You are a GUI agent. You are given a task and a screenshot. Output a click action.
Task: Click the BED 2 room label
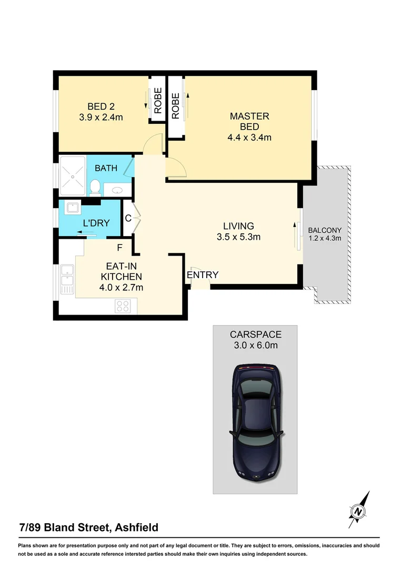(100, 106)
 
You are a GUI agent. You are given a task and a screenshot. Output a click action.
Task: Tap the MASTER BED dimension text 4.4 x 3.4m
(249, 138)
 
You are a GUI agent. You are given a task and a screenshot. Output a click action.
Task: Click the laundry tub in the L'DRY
(72, 209)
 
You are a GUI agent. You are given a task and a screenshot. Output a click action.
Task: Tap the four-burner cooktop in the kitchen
(123, 306)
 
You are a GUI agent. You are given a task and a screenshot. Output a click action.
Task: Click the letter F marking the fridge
(119, 247)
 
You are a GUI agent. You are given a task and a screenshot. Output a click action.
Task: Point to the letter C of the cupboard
(127, 218)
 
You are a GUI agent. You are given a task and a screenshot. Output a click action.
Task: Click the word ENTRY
(202, 274)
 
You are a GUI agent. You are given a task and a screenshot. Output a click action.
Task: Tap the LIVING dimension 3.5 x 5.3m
(238, 237)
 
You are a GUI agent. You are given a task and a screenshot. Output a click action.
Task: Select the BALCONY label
(325, 230)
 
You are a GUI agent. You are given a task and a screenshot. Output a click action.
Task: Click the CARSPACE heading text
(255, 334)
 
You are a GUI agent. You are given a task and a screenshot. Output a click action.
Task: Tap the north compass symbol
(359, 510)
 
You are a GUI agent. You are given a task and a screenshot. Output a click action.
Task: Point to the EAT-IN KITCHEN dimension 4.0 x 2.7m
(122, 288)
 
